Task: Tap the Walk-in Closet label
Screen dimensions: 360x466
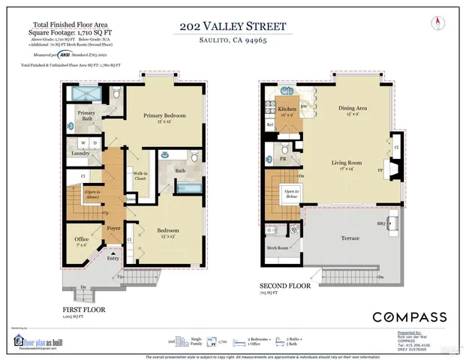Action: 140,177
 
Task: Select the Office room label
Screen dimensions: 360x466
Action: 82,241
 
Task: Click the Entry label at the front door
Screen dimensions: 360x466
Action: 113,258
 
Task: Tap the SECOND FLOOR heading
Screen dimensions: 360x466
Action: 286,286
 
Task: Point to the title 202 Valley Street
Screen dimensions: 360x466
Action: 233,26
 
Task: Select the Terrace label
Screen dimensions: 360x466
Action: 350,239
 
